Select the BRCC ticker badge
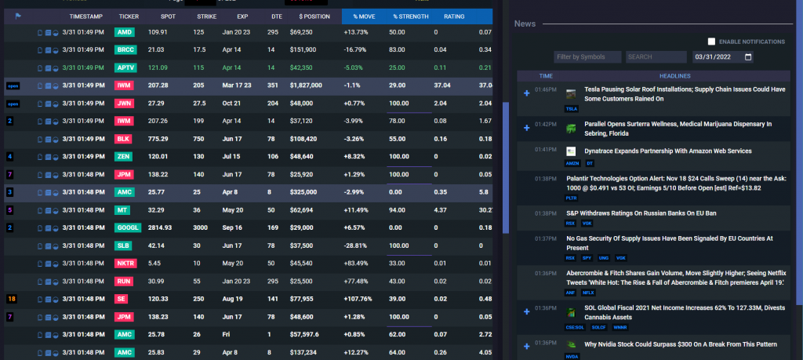125,49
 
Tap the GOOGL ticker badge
128,227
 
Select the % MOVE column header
365,16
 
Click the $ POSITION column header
313,16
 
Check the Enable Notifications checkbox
711,42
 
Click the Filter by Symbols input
587,57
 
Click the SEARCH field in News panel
656,57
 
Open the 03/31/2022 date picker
723,57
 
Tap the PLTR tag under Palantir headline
572,198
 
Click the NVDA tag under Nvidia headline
572,355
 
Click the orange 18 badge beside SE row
10,299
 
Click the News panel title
525,24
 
